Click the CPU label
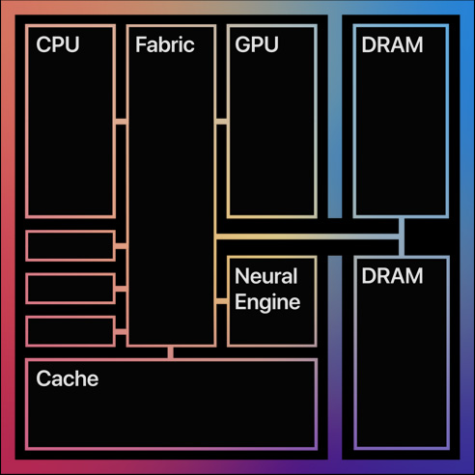58,44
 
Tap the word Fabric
165,44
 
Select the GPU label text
257,44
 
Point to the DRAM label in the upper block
392,44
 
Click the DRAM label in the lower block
392,276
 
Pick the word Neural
265,276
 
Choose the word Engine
267,302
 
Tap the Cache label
68,378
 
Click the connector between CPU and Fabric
121,122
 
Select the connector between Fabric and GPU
221,122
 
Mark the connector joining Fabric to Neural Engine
221,301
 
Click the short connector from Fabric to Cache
171,352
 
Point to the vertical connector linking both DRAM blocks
402,237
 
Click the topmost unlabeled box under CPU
70,246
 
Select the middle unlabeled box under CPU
70,289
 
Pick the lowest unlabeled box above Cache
70,331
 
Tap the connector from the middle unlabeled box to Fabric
121,289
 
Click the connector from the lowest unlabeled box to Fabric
121,332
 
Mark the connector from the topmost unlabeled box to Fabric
121,246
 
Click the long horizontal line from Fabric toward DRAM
307,237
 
